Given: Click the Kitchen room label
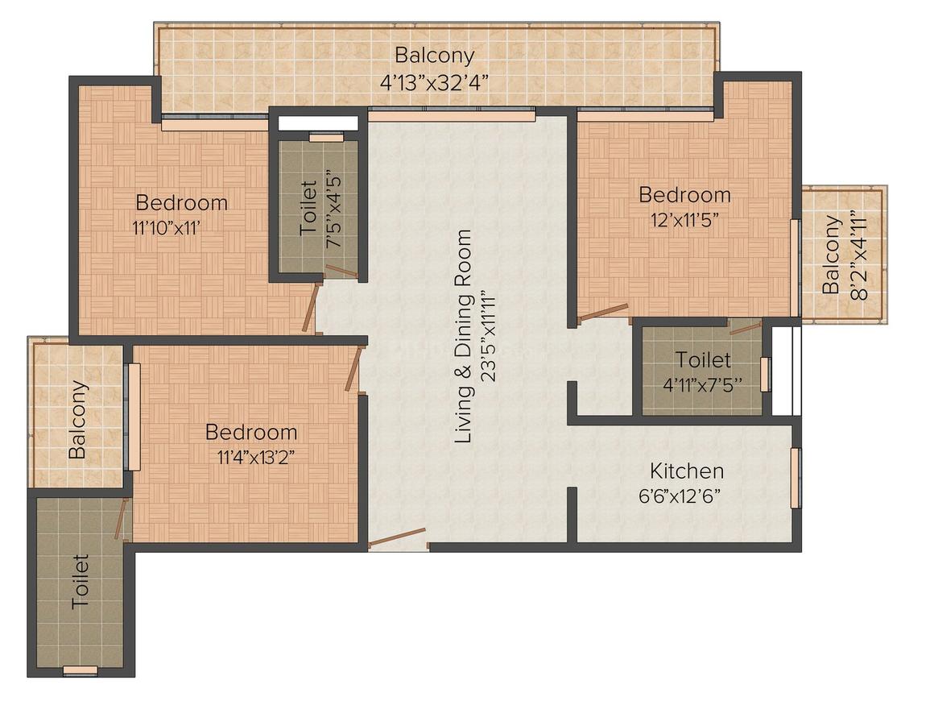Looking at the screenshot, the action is [686, 471].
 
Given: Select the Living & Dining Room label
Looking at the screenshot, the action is [463, 336].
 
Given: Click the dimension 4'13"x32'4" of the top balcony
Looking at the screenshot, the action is [434, 81].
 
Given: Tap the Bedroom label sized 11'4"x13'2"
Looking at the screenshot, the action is [250, 432].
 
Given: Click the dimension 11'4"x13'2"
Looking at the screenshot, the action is [256, 457].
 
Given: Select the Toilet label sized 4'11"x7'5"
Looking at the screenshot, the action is [703, 360].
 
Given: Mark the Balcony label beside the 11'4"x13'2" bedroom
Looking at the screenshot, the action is [77, 420].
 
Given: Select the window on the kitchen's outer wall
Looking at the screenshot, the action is [796, 478].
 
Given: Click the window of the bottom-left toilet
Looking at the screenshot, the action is [81, 670].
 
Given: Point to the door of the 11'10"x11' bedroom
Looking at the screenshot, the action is [309, 306].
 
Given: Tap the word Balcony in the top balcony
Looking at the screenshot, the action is [435, 55].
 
